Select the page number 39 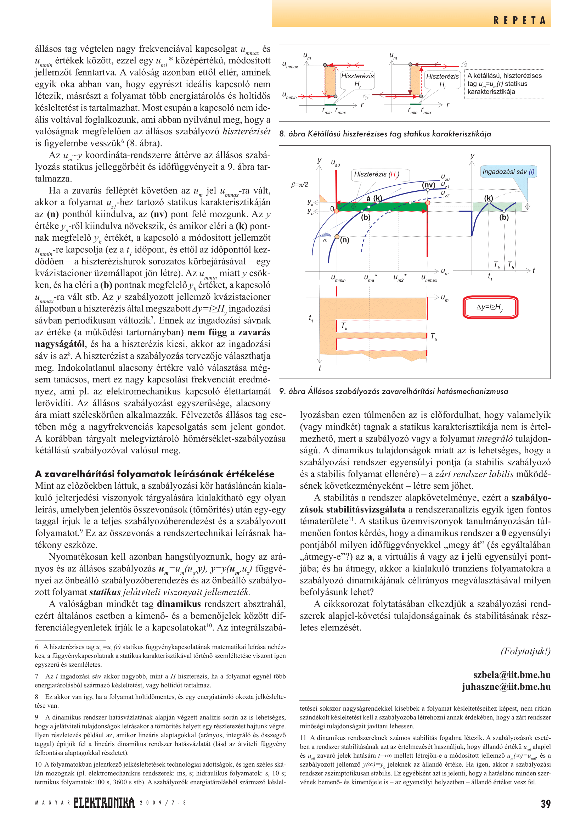tap(545, 804)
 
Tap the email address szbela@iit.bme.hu tap(512, 675)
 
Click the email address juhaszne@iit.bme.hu tap(506, 687)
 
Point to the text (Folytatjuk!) tap(525, 651)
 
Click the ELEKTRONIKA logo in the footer tap(104, 803)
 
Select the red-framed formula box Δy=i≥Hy tap(490, 307)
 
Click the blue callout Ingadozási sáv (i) tap(508, 172)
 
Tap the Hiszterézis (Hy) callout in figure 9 tap(376, 174)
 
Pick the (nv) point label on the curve tap(429, 185)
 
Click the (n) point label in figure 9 tap(345, 240)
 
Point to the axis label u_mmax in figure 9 tap(429, 278)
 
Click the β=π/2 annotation tap(299, 185)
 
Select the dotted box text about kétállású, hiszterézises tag tap(504, 84)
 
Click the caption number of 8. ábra tap(282, 134)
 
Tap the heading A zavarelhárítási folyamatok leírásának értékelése tap(154, 474)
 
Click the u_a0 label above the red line tap(335, 163)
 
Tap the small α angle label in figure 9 tap(325, 240)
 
